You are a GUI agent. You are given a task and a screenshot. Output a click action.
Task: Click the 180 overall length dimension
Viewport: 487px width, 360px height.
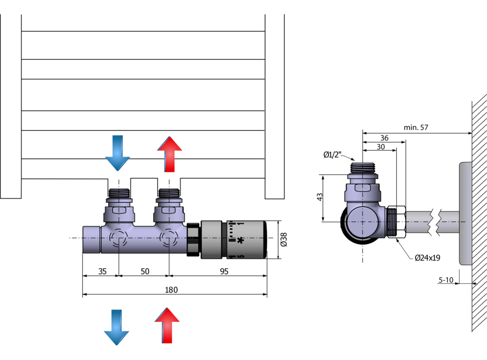coord(171,290)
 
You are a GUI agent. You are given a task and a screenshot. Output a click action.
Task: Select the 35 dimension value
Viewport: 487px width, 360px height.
coord(102,271)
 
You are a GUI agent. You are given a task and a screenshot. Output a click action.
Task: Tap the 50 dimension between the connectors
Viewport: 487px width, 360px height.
coord(145,271)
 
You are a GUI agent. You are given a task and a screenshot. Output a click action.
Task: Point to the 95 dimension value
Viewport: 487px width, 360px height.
coord(224,271)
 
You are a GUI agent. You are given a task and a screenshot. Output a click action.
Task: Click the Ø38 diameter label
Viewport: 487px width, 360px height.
coord(284,239)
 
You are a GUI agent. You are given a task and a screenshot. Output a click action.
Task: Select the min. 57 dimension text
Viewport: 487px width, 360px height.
coord(416,128)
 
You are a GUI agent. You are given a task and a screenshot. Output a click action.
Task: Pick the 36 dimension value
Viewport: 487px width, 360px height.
coord(384,137)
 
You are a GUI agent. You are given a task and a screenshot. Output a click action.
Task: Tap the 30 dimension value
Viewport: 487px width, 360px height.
coord(381,147)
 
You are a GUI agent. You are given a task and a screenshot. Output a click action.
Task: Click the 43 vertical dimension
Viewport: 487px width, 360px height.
coord(320,197)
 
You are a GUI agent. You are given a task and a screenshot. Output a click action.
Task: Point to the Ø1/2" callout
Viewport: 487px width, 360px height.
coord(333,154)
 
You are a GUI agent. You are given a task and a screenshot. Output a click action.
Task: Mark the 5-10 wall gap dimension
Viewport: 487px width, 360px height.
coord(446,280)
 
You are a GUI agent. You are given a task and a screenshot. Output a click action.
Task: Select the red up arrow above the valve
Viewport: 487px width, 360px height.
coord(170,154)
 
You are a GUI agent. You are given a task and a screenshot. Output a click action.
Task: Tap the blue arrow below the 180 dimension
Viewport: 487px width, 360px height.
coord(117,326)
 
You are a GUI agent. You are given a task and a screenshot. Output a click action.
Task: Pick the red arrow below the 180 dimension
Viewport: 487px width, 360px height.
coord(167,325)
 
